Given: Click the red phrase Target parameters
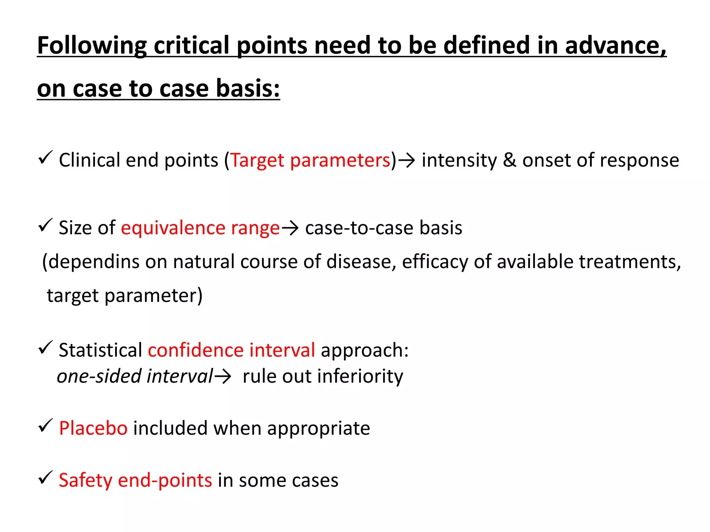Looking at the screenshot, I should coord(311,160).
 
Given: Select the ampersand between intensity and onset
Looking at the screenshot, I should coord(509,160).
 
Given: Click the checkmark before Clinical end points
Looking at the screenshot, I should coord(45,158).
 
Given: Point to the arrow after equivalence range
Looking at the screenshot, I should coord(290,229).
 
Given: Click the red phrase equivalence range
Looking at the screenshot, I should coord(200,228).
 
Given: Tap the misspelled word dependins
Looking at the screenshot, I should coord(94,262).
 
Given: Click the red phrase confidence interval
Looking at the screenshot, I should coord(231,350).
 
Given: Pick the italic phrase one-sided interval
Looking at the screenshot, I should coord(135,376).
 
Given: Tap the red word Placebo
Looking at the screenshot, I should coord(93,428).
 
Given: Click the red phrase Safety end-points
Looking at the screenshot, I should coord(135,481).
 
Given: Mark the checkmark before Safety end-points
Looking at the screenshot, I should coord(45,478).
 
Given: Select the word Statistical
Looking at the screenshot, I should coord(101,350).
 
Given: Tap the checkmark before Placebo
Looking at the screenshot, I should coord(45,426).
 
